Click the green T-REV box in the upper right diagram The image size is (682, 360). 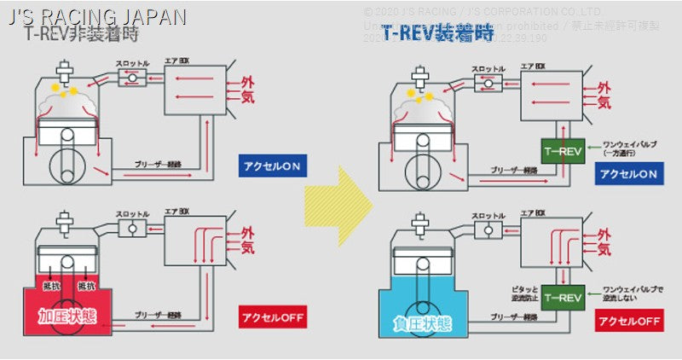pyautogui.click(x=562, y=152)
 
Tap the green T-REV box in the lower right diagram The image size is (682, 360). pyautogui.click(x=562, y=298)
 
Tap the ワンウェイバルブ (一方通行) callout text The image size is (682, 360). pyautogui.click(x=627, y=150)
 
